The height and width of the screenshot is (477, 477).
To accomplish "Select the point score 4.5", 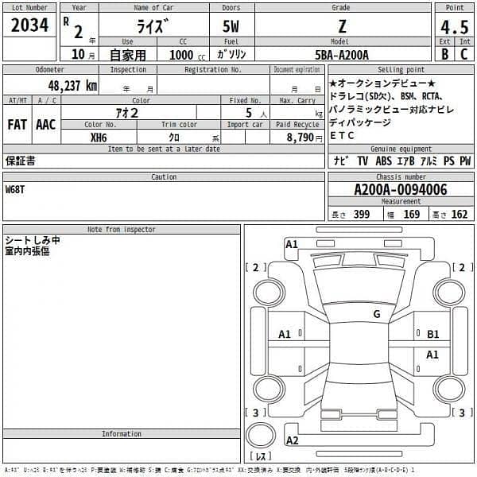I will (454, 28).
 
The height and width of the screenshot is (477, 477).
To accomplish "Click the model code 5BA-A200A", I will (341, 55).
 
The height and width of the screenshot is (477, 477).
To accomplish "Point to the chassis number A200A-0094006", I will (400, 189).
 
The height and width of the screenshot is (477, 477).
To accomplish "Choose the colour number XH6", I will (99, 137).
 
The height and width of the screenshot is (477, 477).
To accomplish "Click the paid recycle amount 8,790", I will (300, 137).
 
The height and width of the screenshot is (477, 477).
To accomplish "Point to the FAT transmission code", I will (18, 125).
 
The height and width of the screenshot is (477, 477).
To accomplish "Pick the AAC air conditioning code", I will (46, 125).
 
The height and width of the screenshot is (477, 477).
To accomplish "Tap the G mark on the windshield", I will (377, 314).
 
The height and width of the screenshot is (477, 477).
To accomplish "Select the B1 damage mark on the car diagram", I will (433, 335).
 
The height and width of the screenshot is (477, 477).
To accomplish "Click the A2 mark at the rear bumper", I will (293, 440).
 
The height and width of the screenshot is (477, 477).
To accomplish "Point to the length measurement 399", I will (362, 214).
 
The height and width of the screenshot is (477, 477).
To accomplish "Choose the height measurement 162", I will (459, 214).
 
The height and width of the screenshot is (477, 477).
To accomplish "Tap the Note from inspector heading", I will (122, 230).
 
